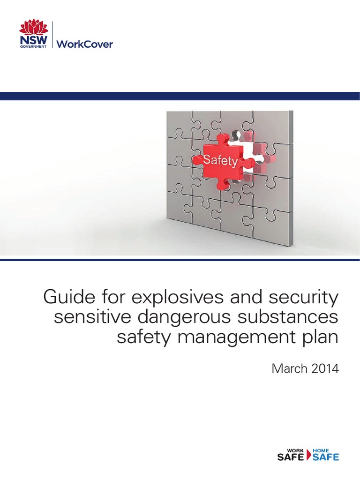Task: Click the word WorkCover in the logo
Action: pyautogui.click(x=85, y=45)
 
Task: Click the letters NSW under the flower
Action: pyautogui.click(x=33, y=42)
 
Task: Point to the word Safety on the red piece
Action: pyautogui.click(x=220, y=161)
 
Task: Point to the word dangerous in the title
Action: pyautogui.click(x=187, y=317)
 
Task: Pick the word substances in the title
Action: pyautogui.click(x=293, y=317)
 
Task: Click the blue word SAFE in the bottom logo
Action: pyautogui.click(x=325, y=457)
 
